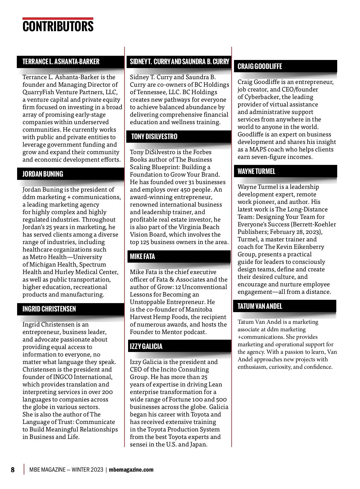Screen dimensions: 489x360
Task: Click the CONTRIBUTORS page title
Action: pyautogui.click(x=58, y=26)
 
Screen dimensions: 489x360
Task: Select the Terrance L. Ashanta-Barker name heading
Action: pyautogui.click(x=61, y=62)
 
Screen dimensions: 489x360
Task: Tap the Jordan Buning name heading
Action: pyautogui.click(x=43, y=174)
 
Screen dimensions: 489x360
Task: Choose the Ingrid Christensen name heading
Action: pyautogui.click(x=49, y=309)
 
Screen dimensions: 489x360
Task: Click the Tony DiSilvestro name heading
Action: pyautogui.click(x=154, y=137)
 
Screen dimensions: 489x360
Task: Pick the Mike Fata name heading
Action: pyautogui.click(x=142, y=257)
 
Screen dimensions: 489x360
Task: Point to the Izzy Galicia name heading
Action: pyautogui.click(x=146, y=347)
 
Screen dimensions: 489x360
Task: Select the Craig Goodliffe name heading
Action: pyautogui.click(x=260, y=67)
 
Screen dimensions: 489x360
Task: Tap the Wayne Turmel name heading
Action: pyautogui.click(x=256, y=171)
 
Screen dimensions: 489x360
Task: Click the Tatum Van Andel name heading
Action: pyautogui.click(x=260, y=306)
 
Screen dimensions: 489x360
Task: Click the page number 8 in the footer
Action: pyautogui.click(x=13, y=470)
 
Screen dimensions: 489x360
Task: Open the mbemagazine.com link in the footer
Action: pyautogui.click(x=131, y=470)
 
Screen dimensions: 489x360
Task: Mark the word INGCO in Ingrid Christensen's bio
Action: pyautogui.click(x=62, y=377)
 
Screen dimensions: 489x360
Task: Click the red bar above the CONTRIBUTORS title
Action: pyautogui.click(x=58, y=19)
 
